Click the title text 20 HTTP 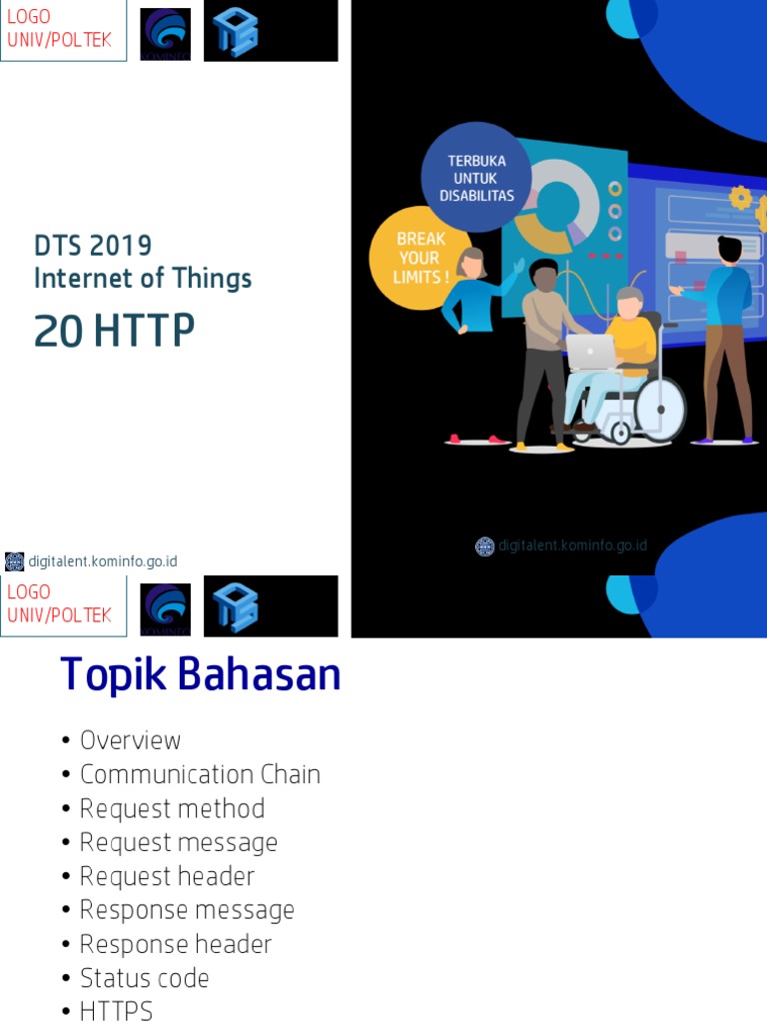pos(114,332)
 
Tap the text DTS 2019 pos(93,245)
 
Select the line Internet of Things pos(143,278)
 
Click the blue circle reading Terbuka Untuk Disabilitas pos(476,178)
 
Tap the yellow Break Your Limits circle pos(419,258)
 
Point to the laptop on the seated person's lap pos(591,351)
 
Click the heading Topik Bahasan pos(200,675)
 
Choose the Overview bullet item pos(130,740)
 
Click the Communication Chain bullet pos(200,774)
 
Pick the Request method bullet pos(172,808)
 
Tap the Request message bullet pos(178,842)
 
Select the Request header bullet pos(167,876)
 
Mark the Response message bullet pos(187,910)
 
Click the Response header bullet pos(175,944)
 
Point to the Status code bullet pos(144,978)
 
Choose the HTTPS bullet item pos(116,1011)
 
